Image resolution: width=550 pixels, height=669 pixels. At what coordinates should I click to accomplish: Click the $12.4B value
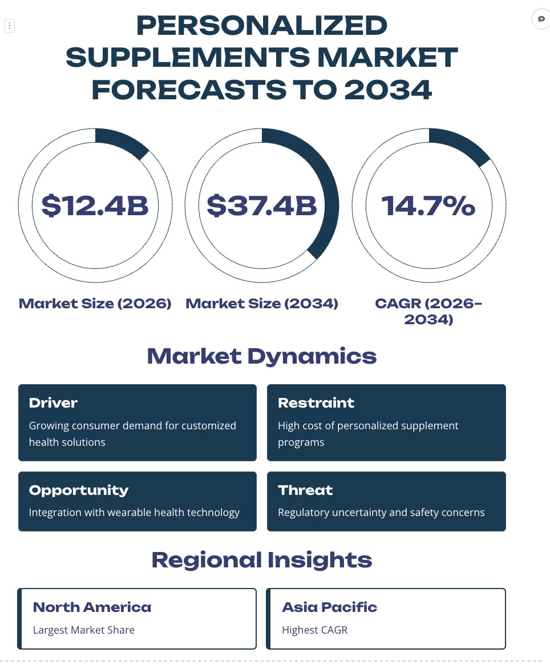[x=95, y=205]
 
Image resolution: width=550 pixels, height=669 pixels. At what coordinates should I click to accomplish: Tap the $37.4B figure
[x=262, y=205]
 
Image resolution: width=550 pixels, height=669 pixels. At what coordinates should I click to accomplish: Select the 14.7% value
[x=428, y=205]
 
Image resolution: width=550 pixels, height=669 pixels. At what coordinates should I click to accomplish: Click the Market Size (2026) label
[x=95, y=303]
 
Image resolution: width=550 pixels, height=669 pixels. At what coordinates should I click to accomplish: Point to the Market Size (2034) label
[x=262, y=303]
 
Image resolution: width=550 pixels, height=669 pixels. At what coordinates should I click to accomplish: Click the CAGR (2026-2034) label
[x=428, y=311]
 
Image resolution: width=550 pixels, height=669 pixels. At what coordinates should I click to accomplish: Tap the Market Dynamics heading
[x=262, y=356]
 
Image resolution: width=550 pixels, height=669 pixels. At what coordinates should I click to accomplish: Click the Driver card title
[x=53, y=403]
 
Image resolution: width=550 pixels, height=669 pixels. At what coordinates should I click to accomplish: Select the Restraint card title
[x=316, y=403]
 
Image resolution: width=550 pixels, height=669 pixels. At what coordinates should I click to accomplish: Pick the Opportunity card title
[x=79, y=490]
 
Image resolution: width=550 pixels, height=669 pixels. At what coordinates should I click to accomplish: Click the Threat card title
[x=305, y=490]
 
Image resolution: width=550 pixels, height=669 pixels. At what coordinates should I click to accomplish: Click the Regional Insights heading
[x=262, y=560]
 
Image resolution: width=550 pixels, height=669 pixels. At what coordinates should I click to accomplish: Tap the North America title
[x=92, y=607]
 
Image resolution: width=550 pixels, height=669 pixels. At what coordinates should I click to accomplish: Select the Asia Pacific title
[x=330, y=607]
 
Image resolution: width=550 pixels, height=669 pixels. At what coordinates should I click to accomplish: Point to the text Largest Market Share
[x=83, y=630]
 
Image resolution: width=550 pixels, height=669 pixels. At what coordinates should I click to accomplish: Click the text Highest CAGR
[x=314, y=630]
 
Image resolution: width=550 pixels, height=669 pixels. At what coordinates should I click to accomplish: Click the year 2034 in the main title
[x=388, y=90]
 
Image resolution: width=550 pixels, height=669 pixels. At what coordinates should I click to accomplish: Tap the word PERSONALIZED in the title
[x=262, y=25]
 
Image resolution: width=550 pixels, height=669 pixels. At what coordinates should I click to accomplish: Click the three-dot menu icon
[x=9, y=26]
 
